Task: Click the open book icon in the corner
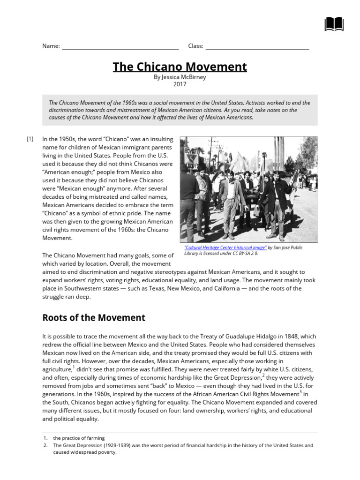click(334, 24)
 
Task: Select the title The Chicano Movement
click(180, 67)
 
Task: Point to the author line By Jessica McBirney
click(180, 77)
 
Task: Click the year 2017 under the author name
click(180, 85)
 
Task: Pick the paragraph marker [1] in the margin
click(30, 139)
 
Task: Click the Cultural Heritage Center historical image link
click(225, 247)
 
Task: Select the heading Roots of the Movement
click(94, 318)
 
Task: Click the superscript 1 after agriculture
click(73, 367)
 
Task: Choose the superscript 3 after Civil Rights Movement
click(300, 392)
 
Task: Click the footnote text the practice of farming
click(79, 438)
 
